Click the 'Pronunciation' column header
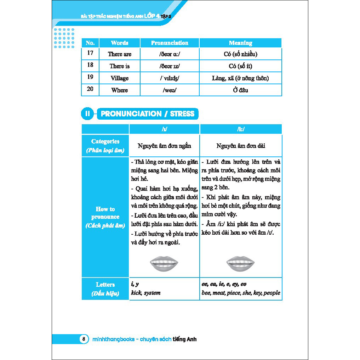click(170, 43)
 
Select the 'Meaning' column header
click(240, 43)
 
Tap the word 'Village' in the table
click(120, 78)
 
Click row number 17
click(90, 53)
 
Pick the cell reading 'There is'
click(120, 66)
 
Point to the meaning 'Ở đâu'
click(240, 90)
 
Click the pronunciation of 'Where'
click(170, 90)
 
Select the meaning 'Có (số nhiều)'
click(240, 54)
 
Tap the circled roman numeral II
click(87, 114)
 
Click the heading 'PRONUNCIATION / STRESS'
click(148, 114)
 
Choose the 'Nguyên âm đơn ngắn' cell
click(165, 146)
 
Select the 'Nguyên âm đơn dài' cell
click(241, 146)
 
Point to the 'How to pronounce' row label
click(105, 217)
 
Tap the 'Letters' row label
click(105, 288)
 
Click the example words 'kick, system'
click(145, 293)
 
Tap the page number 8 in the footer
click(84, 339)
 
